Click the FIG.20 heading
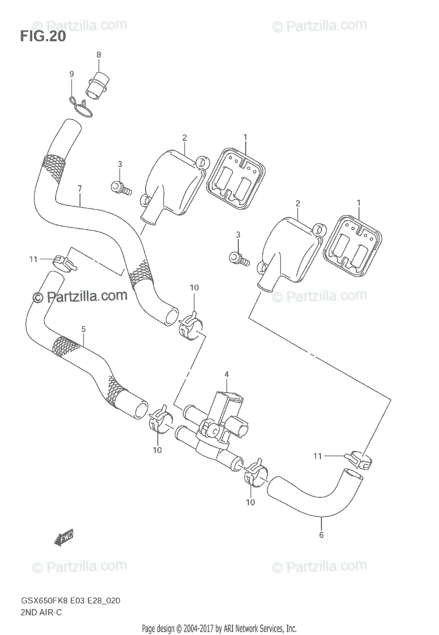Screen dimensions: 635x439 [43, 37]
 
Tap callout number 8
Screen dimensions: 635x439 [98, 55]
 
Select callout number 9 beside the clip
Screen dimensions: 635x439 [71, 75]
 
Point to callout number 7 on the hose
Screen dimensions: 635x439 [79, 188]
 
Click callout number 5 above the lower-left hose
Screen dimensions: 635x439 [83, 329]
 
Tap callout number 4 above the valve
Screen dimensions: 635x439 [226, 375]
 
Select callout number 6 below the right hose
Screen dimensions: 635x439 [321, 535]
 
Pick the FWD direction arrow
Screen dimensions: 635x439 [64, 538]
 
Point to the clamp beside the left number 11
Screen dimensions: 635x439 [64, 261]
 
